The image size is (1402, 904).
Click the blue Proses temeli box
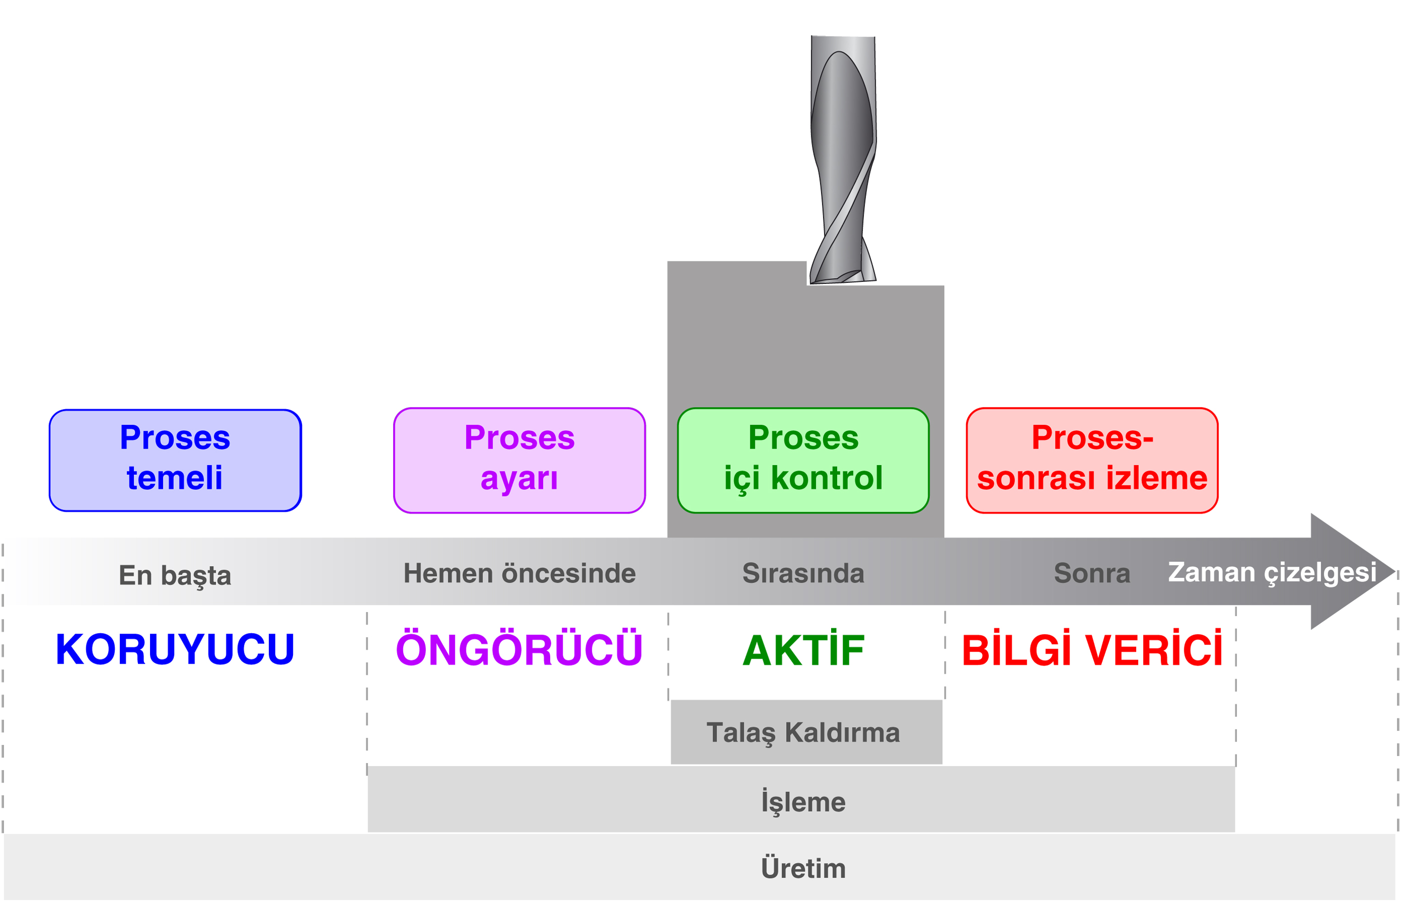coord(175,460)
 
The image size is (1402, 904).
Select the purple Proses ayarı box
coord(519,460)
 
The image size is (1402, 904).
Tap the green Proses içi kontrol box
coord(803,460)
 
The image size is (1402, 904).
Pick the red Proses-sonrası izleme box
coord(1091,460)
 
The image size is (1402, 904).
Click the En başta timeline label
coord(175,575)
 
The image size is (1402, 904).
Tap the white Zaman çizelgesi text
coord(1272,572)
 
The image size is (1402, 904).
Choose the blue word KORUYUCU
coord(175,649)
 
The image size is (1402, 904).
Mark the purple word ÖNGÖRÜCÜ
coord(519,650)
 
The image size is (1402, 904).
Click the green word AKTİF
coord(803,650)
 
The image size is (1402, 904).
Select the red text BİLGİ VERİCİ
coord(1091,650)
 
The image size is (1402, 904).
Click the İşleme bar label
coord(803,802)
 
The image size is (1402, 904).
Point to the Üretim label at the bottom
coord(803,868)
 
